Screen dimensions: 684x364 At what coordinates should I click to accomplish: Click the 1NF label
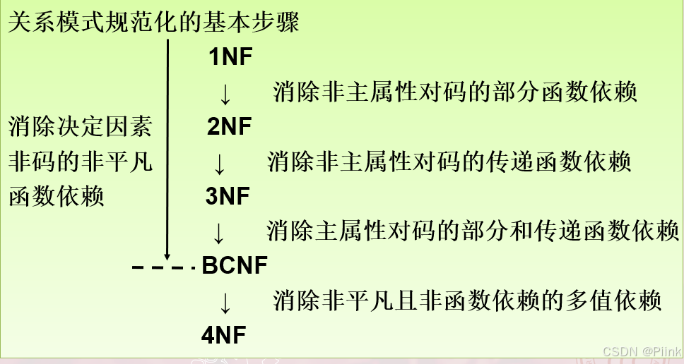coord(230,57)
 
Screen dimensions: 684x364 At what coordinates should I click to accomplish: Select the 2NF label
coord(230,127)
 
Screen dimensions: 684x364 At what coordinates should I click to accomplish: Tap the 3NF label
coord(228,197)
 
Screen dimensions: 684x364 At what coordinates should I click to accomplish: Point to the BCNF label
coord(235,266)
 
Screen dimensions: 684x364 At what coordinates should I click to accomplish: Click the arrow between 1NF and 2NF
coord(225,94)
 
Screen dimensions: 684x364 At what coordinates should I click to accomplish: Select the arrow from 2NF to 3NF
coord(220,164)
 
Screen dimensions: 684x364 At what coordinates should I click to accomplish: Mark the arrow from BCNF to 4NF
coord(225,303)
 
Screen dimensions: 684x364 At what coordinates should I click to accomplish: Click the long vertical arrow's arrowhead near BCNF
coord(167,255)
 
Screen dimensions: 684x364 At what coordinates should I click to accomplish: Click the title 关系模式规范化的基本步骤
coord(153,23)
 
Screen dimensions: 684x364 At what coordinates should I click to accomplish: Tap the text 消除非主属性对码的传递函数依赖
coord(449,162)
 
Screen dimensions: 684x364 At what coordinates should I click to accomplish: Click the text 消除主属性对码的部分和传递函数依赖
coord(473,231)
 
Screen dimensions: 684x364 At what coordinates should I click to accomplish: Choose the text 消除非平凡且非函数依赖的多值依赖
coord(467,301)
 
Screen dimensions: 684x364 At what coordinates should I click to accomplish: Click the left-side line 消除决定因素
coord(81,128)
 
